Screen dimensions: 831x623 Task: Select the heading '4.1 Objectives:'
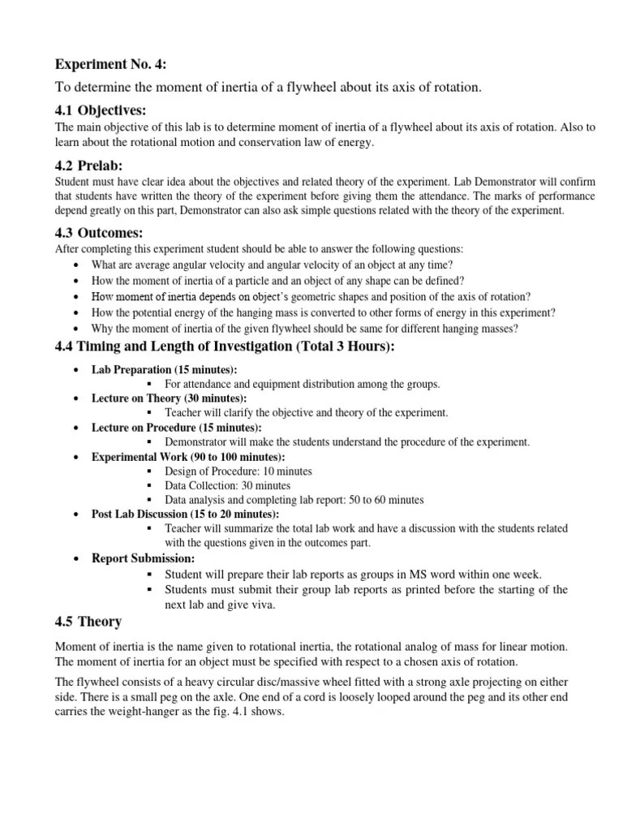[x=101, y=110]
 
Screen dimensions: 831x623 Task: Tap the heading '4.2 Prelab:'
[x=88, y=166]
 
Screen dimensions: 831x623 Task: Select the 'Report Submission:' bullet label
[x=143, y=558]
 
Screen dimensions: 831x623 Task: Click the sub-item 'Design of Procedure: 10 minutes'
[x=238, y=471]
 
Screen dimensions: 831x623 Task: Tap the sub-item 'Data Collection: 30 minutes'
[x=227, y=486]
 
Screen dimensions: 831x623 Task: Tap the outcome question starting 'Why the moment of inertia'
[x=305, y=328]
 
